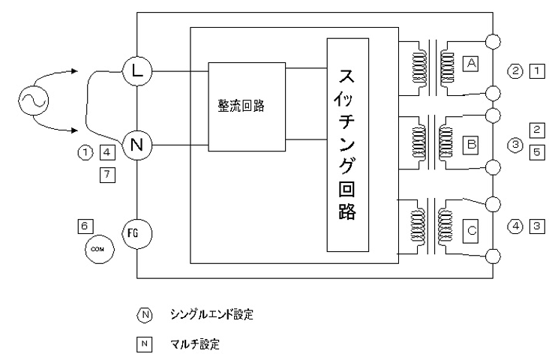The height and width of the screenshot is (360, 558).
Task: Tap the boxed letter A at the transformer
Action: tap(470, 64)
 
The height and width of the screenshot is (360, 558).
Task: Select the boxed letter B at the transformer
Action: tap(470, 140)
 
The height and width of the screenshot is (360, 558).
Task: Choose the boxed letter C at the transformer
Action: tap(470, 230)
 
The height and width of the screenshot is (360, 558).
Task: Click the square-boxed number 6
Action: tap(86, 225)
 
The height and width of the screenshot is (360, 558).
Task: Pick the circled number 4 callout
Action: tap(514, 225)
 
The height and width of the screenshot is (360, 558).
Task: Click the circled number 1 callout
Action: tap(85, 152)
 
